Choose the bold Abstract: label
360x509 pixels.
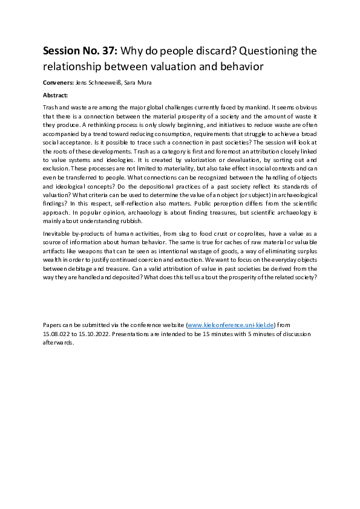pos(56,96)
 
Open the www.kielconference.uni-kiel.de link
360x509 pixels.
pos(231,325)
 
